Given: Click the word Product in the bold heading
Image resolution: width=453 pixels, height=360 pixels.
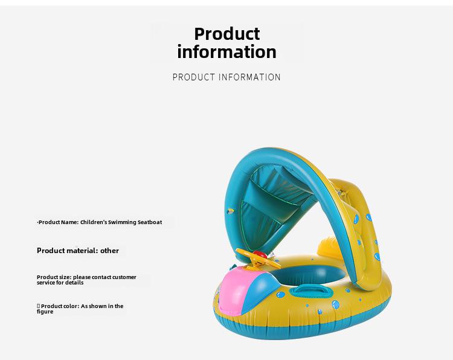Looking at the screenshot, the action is pos(226,34).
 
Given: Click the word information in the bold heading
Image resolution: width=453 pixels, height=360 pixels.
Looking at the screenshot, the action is pos(226,52).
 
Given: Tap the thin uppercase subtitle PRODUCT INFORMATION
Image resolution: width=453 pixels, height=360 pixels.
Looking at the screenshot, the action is pos(226,77).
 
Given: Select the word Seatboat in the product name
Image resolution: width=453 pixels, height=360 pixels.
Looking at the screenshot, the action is pos(150,222).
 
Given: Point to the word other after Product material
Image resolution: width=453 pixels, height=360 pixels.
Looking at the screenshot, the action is pos(109,251).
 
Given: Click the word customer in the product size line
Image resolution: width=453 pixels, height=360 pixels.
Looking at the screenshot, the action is pos(124,277).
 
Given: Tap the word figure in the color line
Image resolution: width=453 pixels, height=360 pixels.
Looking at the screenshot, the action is pos(45,312).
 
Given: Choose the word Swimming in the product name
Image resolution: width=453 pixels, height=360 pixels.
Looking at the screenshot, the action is pos(122,222).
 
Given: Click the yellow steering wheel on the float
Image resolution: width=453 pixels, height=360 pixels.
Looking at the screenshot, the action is pos(258,258).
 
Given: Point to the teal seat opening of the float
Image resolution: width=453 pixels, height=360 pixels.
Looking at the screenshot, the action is pos(306,274).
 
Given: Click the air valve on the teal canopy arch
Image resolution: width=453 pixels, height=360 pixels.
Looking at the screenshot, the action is pos(230,211).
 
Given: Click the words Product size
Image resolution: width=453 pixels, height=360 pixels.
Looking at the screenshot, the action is pos(54,277).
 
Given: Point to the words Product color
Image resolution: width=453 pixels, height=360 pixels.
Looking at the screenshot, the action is pos(60,306).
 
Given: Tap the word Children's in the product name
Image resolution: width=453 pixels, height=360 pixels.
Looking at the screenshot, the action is pos(93,222).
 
